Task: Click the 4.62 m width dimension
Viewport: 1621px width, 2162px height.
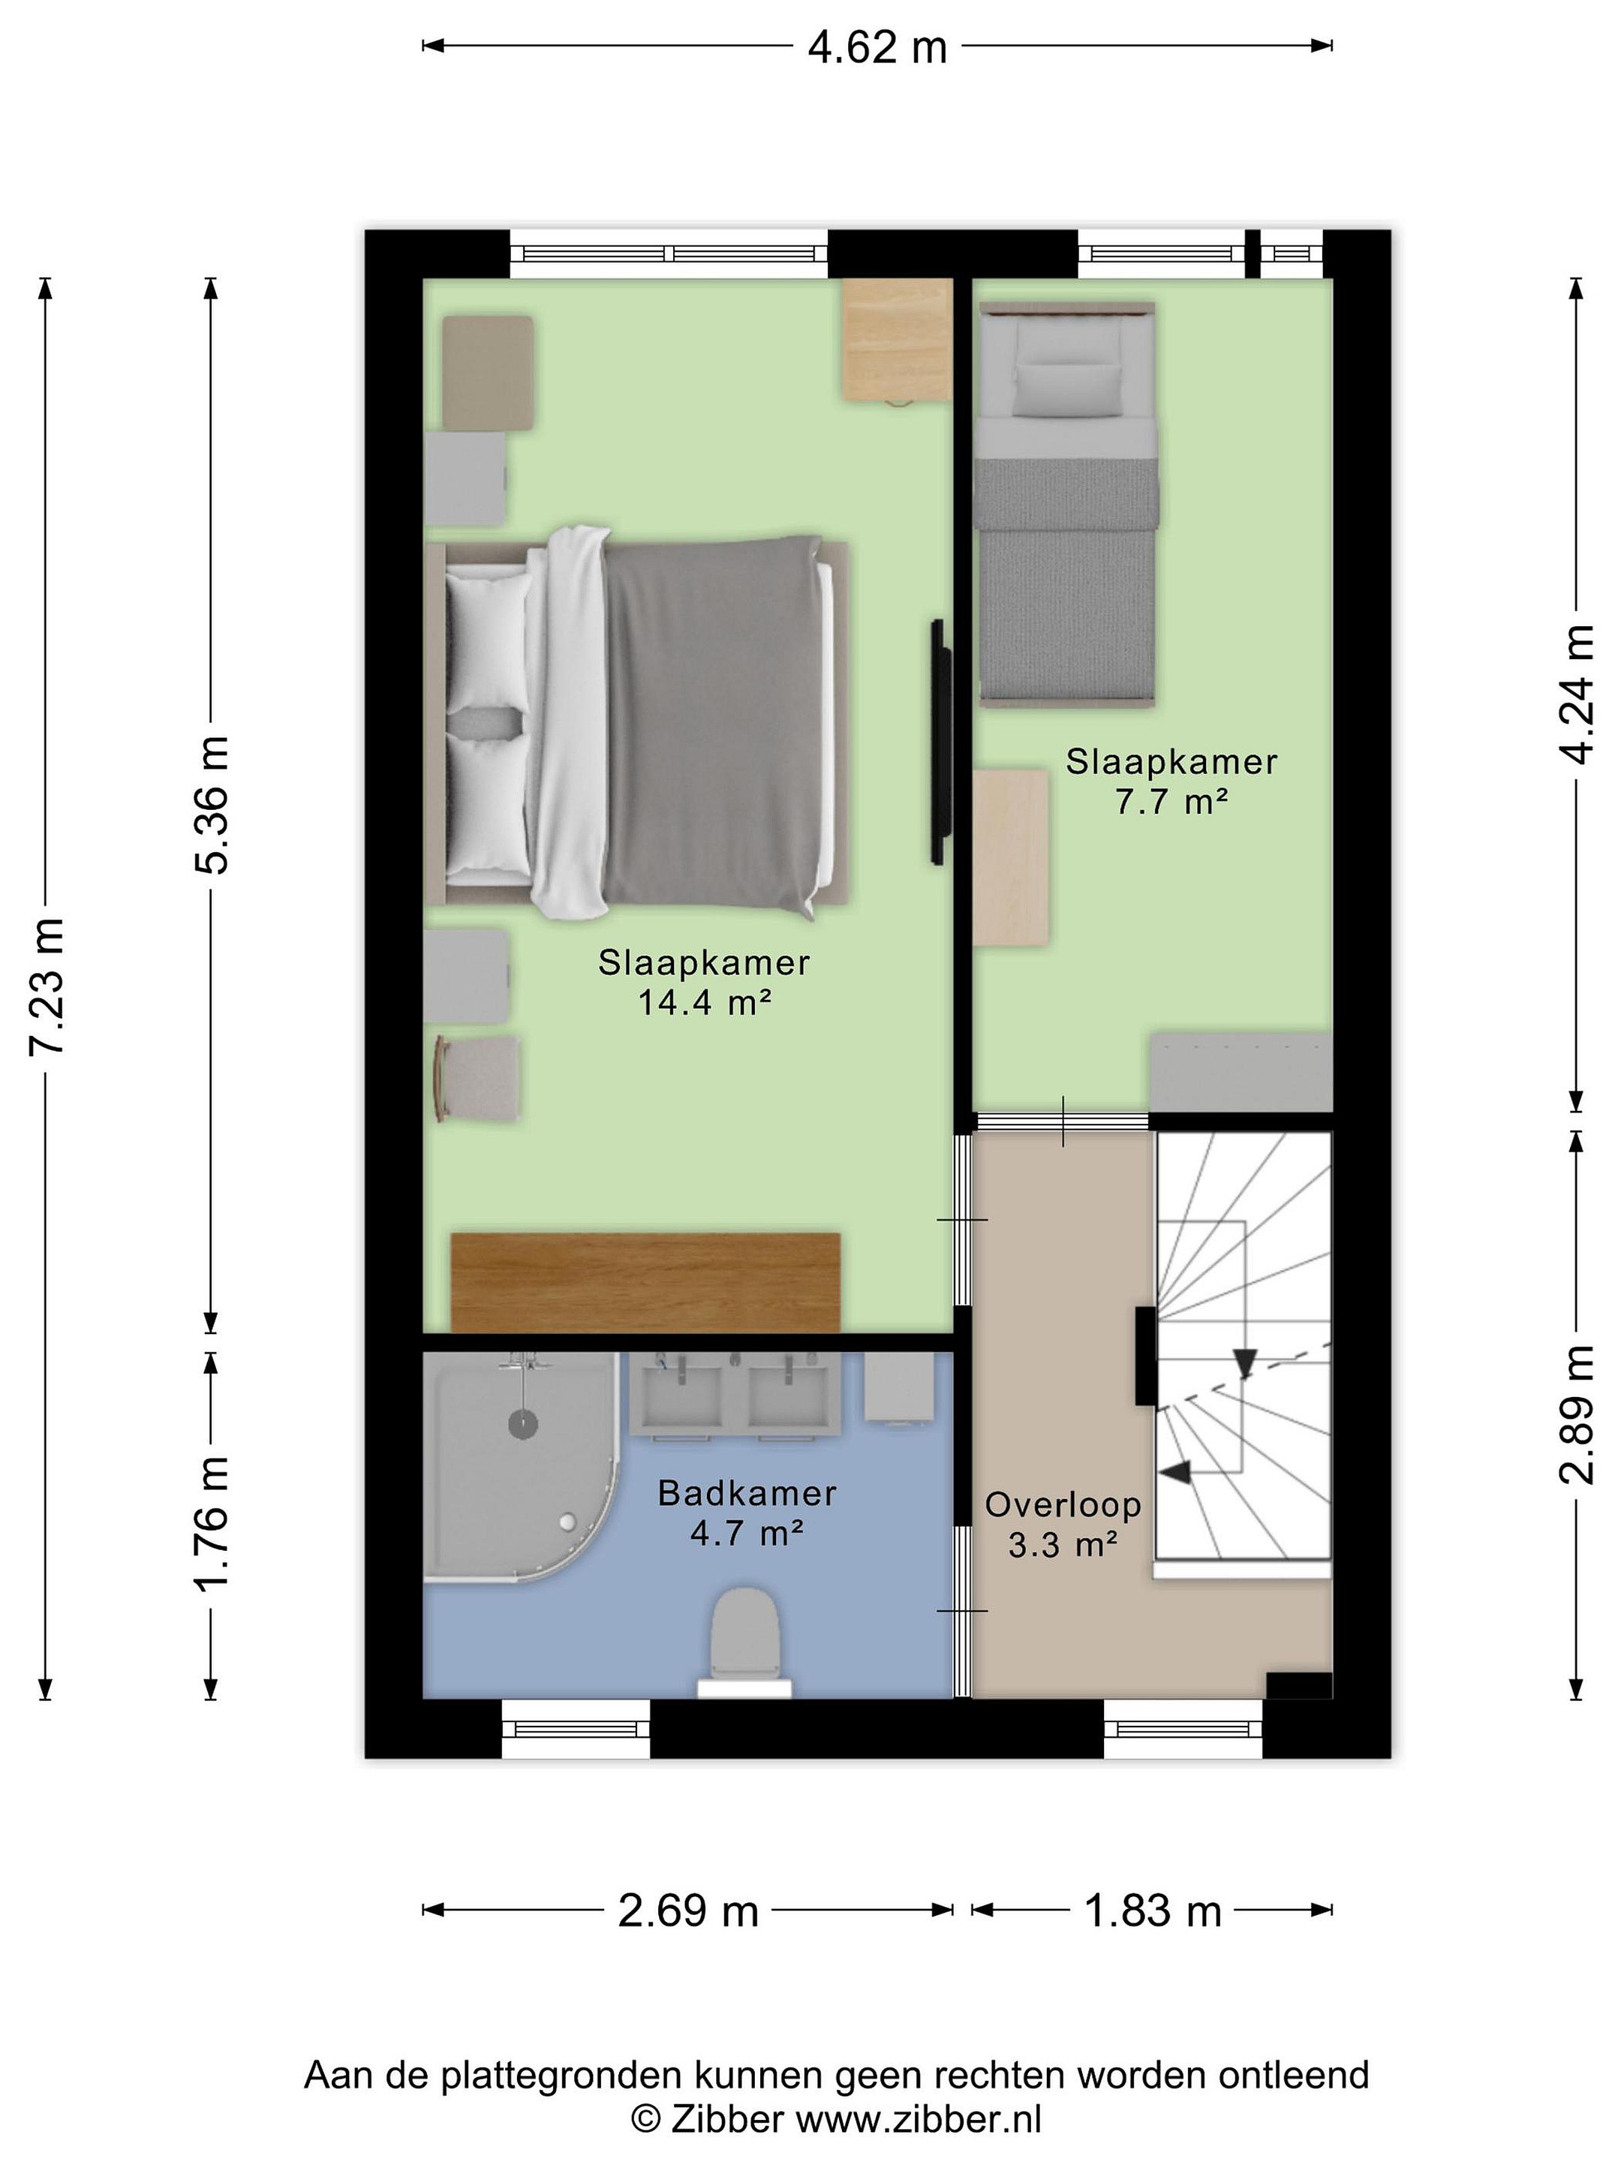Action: click(877, 47)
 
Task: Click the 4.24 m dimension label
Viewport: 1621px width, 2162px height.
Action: click(1575, 694)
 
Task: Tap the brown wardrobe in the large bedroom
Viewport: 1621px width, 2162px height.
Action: click(646, 1282)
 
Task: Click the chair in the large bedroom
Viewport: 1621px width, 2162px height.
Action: click(478, 1079)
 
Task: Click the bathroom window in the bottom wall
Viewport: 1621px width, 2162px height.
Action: click(576, 1729)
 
